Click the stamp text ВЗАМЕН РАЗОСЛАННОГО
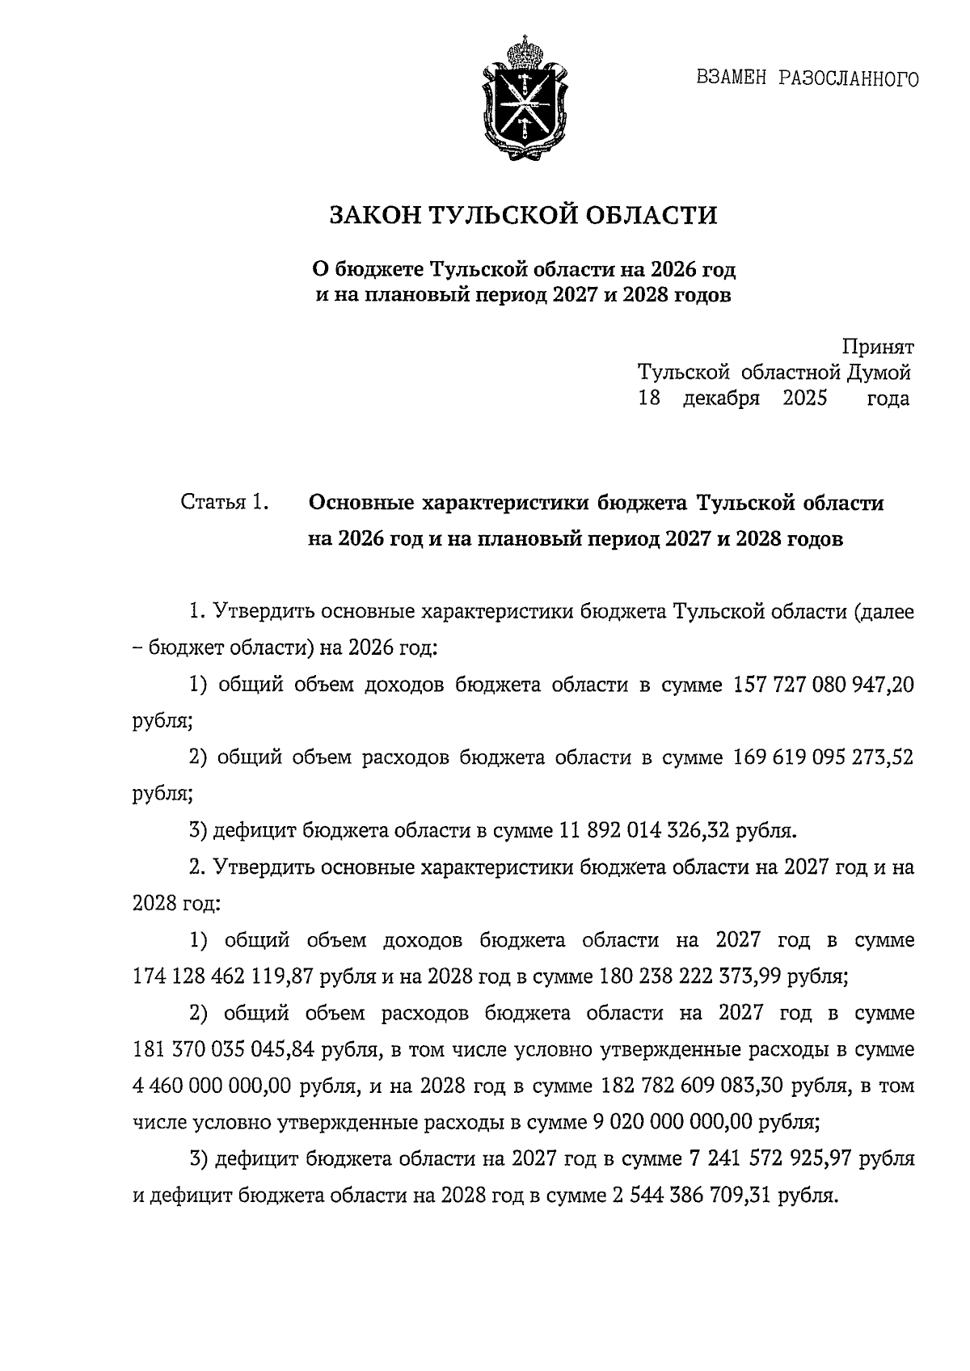point(807,79)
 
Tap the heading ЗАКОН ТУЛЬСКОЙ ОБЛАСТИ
point(523,216)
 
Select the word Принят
point(878,348)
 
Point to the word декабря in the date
point(721,399)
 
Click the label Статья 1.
point(224,503)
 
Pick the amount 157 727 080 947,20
point(823,685)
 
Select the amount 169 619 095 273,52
point(823,758)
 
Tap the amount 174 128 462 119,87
point(223,977)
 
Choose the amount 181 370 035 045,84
point(223,1050)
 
